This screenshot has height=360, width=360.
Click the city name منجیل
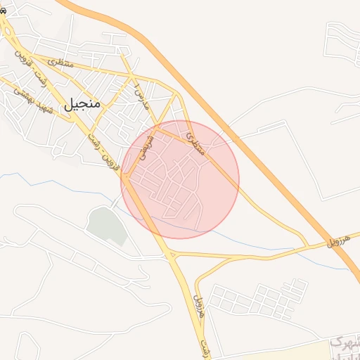pos(83,104)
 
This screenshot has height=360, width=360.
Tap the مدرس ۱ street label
pos(143,95)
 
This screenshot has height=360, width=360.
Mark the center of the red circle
pos(181,179)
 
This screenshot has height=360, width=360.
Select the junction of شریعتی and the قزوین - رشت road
pos(122,174)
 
